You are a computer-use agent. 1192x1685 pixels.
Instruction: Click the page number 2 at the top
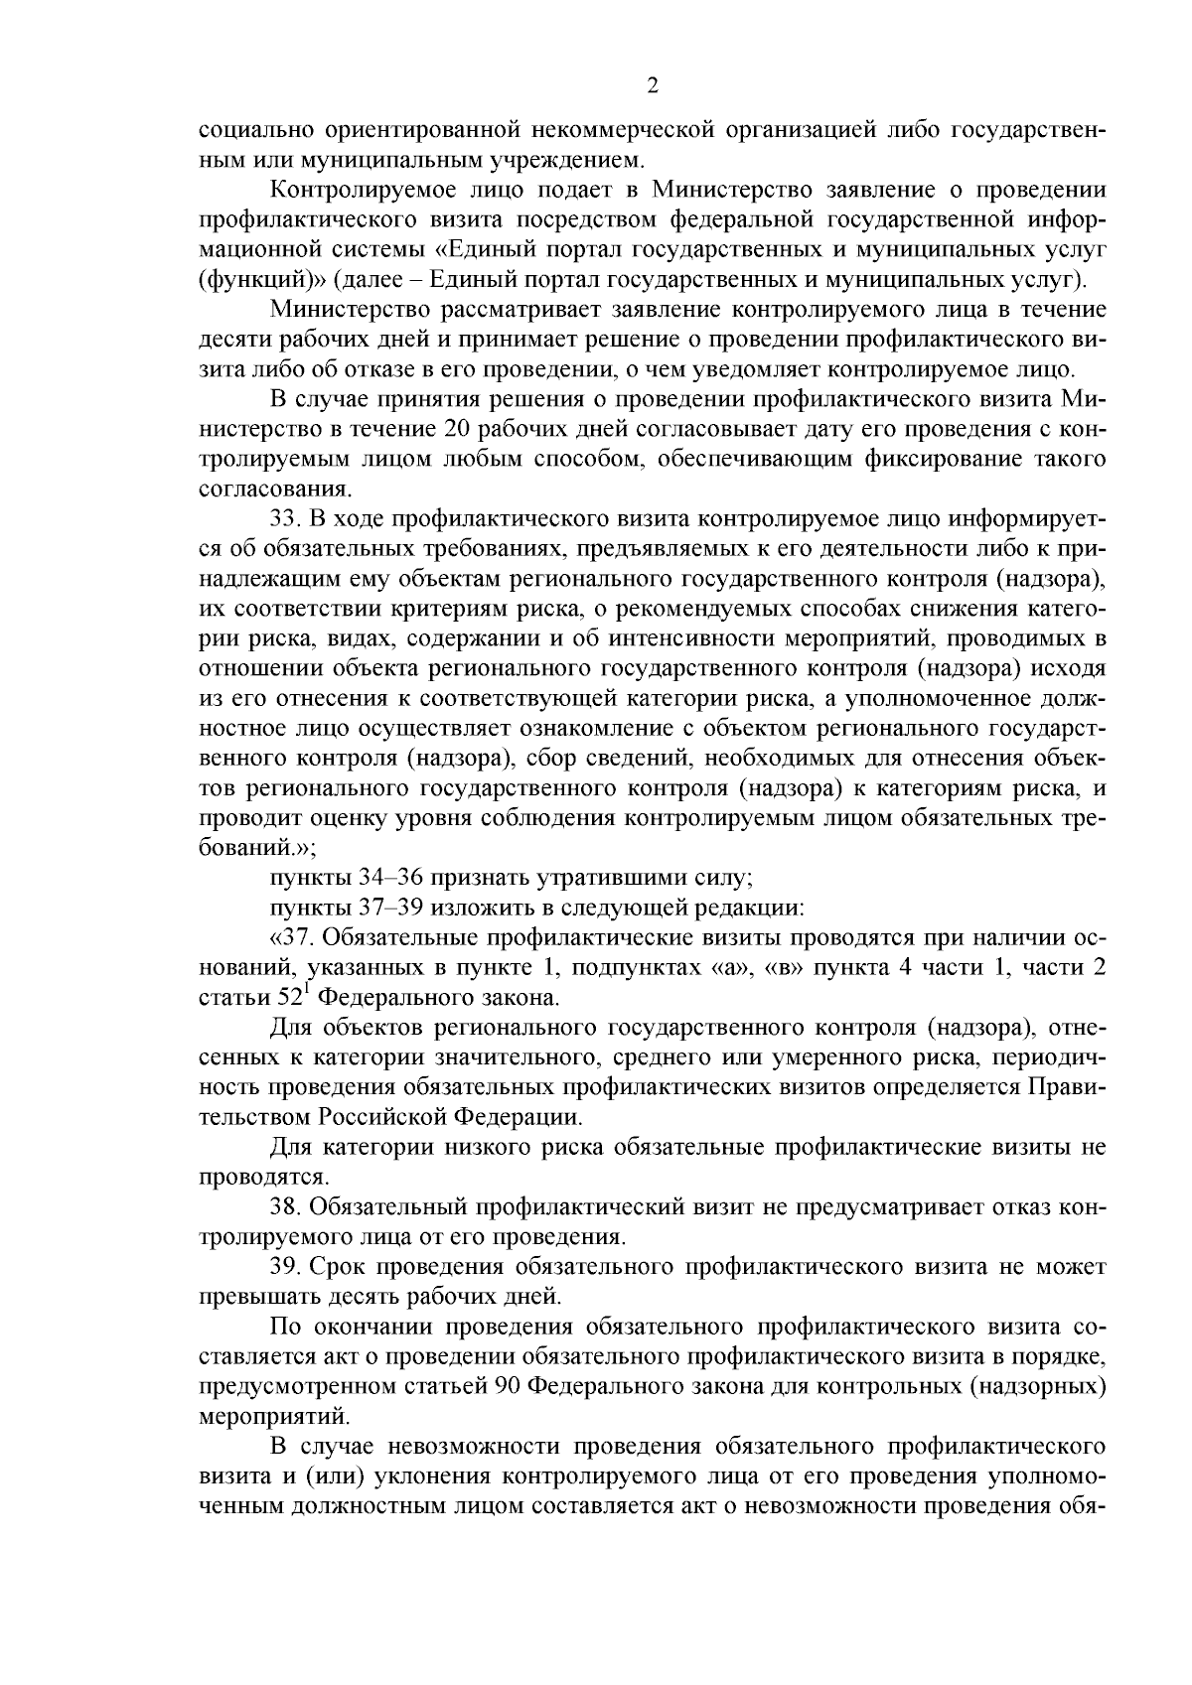(x=652, y=85)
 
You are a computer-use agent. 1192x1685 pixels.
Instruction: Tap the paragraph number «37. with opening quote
(x=290, y=937)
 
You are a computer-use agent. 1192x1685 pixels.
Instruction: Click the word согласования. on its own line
(x=261, y=490)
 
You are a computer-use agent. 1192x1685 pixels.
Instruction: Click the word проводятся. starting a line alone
(x=249, y=1177)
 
